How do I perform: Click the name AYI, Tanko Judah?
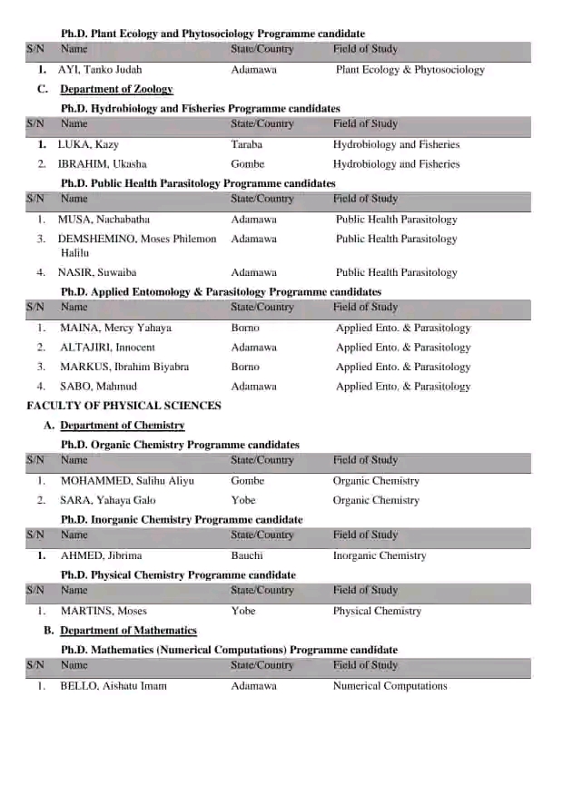[100, 70]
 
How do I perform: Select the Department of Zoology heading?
[116, 89]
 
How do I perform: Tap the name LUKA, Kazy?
[88, 144]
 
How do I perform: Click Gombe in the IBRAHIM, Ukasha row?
[247, 164]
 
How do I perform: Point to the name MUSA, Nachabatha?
[104, 220]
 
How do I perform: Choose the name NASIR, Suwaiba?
[97, 272]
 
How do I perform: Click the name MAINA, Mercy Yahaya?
[115, 328]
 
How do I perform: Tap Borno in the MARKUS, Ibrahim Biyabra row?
[245, 368]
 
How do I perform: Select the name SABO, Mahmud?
[98, 387]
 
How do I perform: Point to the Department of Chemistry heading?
[122, 426]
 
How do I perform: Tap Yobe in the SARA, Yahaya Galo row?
[243, 500]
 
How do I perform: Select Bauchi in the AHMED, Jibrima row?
[247, 555]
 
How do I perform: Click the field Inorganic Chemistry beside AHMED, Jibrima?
[379, 555]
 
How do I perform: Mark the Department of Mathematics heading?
[128, 631]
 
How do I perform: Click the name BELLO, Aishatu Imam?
[114, 686]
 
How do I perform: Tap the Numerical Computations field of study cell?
[390, 686]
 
